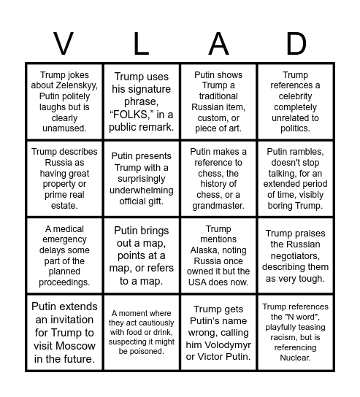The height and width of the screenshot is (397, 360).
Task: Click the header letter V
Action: (64, 45)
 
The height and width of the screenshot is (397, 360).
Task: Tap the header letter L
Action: (142, 45)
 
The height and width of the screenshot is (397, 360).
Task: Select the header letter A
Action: (218, 45)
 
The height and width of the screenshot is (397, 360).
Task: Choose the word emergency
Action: (64, 239)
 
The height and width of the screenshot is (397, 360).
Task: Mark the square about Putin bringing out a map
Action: (142, 255)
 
